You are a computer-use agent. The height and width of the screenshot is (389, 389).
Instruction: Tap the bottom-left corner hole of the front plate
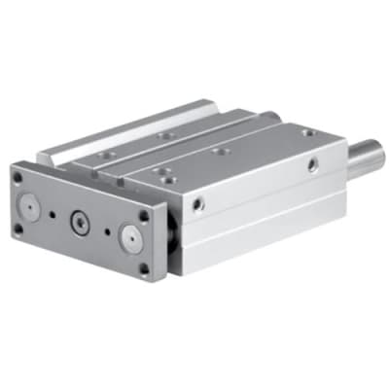[18, 230]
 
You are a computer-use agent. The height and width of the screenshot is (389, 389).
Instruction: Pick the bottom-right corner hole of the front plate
[141, 269]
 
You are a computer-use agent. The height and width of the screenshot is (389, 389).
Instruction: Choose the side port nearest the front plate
[199, 204]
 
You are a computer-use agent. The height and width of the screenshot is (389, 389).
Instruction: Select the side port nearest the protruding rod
[311, 164]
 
